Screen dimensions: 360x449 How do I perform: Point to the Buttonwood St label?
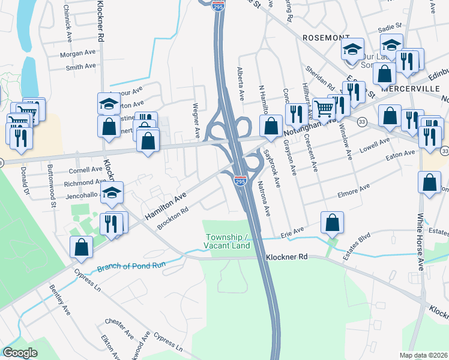(53, 196)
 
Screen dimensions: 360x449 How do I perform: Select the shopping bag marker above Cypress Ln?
(81, 247)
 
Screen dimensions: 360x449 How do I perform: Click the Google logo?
(19, 353)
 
